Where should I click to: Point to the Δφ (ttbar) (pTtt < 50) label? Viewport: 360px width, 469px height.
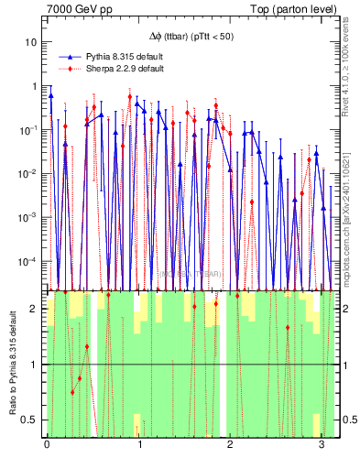(x=192, y=37)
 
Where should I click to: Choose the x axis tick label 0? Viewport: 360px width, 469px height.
(x=47, y=446)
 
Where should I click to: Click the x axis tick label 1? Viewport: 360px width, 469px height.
(x=138, y=446)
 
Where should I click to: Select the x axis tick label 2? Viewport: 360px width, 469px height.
(x=230, y=446)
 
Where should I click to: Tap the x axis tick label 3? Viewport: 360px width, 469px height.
(x=322, y=446)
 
